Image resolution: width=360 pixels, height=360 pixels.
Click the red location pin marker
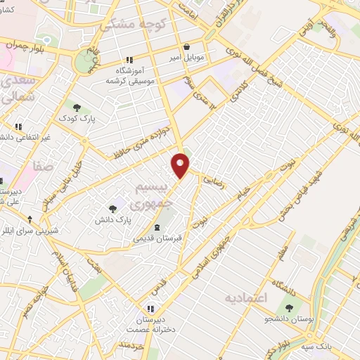coord(181,165)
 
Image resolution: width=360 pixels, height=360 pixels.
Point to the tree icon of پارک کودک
coord(77,107)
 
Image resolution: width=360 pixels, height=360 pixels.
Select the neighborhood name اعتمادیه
coord(247,299)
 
